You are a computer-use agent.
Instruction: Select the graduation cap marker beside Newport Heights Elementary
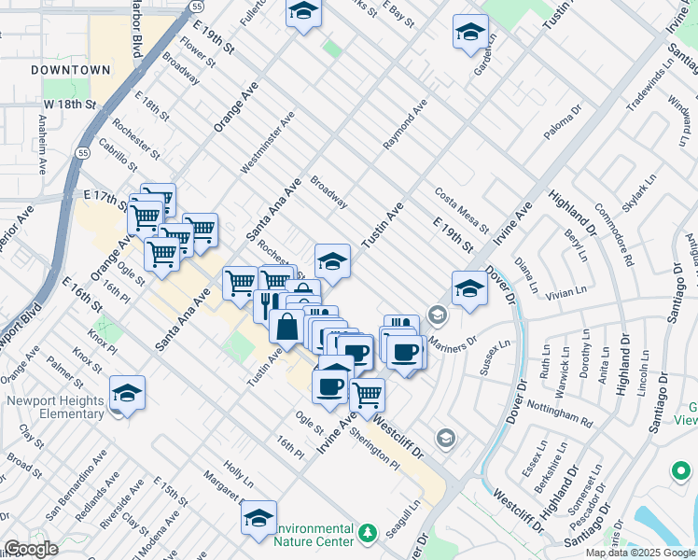127,393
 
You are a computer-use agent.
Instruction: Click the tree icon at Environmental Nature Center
368,533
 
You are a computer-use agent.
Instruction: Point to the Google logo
30,549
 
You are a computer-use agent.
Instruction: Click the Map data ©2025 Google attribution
639,553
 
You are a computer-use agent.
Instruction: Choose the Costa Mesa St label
461,210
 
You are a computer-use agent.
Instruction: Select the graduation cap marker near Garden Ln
470,32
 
